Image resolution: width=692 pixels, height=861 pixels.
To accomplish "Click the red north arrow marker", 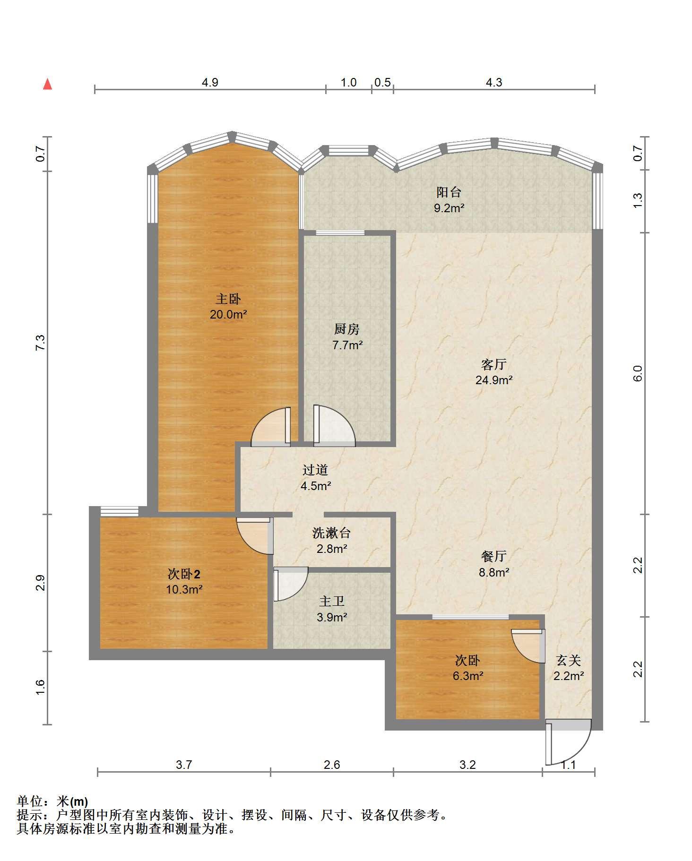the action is pyautogui.click(x=47, y=84).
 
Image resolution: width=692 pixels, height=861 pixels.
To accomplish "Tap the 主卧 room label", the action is pyautogui.click(x=228, y=299).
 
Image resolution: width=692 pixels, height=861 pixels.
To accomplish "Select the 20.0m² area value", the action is pyautogui.click(x=229, y=314).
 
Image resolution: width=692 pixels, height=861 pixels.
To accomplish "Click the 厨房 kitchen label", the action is pyautogui.click(x=347, y=329).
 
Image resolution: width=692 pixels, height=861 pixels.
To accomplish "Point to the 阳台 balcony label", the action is pyautogui.click(x=449, y=192).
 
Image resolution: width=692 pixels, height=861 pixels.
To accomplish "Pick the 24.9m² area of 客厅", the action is pyautogui.click(x=494, y=379).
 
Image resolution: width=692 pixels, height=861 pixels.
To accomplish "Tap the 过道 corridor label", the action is pyautogui.click(x=315, y=470).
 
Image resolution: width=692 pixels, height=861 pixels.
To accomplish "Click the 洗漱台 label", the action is pyautogui.click(x=332, y=533).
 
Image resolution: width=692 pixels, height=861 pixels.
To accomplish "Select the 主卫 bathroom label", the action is pyautogui.click(x=332, y=601).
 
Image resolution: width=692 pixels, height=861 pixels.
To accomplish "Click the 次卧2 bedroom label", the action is pyautogui.click(x=184, y=574).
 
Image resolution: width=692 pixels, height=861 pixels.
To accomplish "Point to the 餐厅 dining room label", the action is pyautogui.click(x=494, y=556).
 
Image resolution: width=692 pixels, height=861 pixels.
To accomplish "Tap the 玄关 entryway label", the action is pyautogui.click(x=569, y=660).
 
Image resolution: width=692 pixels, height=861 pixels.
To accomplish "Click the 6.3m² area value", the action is pyautogui.click(x=468, y=676).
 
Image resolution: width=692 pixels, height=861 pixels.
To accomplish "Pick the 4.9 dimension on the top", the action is pyautogui.click(x=210, y=82).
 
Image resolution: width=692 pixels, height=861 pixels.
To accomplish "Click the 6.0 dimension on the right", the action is pyautogui.click(x=638, y=373).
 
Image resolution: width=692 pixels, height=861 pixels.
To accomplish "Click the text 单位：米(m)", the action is pyautogui.click(x=52, y=801).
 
